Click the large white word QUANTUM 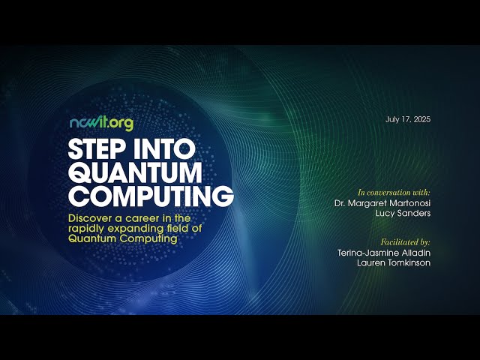coord(135,172)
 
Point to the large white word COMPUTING coord(150,196)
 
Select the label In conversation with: coord(394,193)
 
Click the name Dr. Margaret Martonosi coord(382,203)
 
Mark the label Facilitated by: coord(405,243)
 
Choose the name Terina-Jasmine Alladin coord(384,253)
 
